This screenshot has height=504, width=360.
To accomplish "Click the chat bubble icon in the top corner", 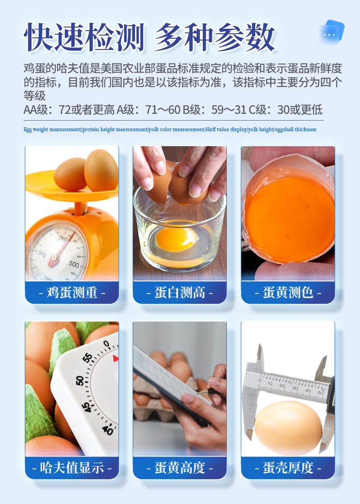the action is click(331, 32).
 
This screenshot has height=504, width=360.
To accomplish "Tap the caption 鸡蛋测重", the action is click(72, 292).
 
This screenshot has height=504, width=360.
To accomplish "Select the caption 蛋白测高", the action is click(180, 292).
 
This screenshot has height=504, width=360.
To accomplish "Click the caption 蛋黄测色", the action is click(288, 292).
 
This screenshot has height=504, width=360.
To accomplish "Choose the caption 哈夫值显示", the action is click(72, 468).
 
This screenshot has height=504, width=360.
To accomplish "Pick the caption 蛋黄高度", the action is click(180, 468).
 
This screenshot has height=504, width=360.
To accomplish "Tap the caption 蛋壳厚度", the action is click(288, 468).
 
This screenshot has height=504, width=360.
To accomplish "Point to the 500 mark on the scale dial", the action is click(74, 264).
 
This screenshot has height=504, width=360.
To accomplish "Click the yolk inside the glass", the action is click(175, 238).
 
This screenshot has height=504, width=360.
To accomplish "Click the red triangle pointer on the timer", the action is click(115, 358).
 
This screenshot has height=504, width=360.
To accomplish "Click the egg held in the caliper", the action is click(288, 427).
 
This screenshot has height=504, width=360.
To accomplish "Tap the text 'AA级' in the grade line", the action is click(36, 110).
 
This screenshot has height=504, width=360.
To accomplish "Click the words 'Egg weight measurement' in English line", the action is click(52, 130).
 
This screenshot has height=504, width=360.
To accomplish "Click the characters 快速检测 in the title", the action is click(84, 37).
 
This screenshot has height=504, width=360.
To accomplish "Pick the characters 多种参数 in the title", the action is click(214, 37).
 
